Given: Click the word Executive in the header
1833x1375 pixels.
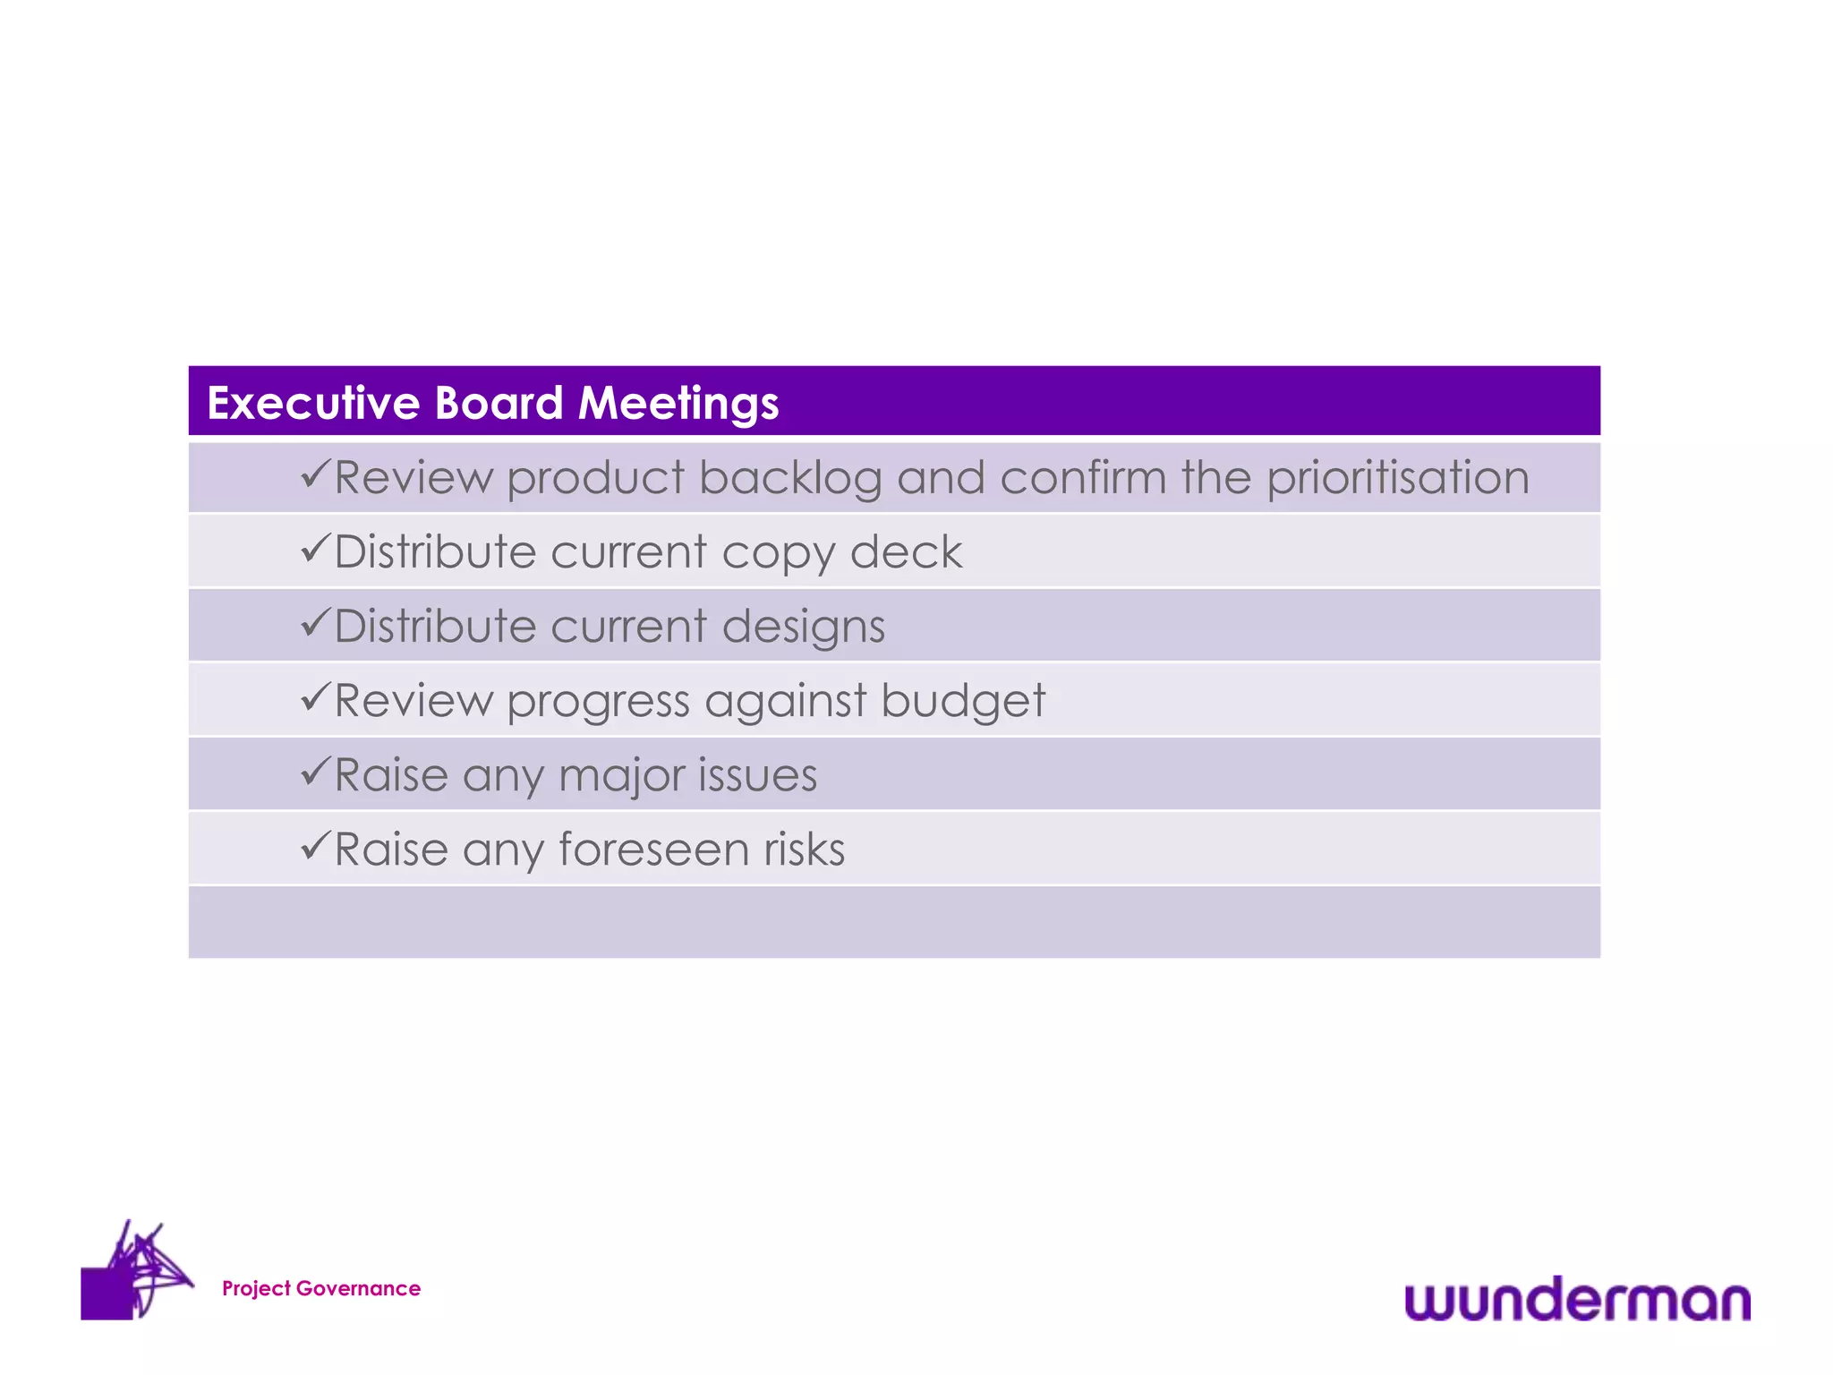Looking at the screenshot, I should (x=313, y=403).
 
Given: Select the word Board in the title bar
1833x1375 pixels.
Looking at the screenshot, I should (x=499, y=403).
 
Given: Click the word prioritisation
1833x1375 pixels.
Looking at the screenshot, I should (x=1398, y=478).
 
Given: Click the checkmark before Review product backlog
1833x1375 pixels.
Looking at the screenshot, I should (x=316, y=473).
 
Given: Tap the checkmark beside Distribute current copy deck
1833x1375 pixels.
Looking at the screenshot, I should (x=316, y=547).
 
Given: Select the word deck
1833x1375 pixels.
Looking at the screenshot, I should (x=906, y=551).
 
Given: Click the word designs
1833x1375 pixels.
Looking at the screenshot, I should (x=803, y=627).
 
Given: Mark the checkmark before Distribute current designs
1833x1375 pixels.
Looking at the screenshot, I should (x=316, y=621).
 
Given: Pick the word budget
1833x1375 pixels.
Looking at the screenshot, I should (x=962, y=700).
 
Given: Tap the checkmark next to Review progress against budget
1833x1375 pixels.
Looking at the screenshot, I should (x=316, y=696).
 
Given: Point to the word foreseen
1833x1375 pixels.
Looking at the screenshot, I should (x=653, y=849).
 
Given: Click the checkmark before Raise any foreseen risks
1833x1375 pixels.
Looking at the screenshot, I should (x=316, y=844).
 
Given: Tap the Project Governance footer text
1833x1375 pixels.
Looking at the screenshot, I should (x=321, y=1288).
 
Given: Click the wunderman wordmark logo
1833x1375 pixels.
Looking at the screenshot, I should (x=1577, y=1299).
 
